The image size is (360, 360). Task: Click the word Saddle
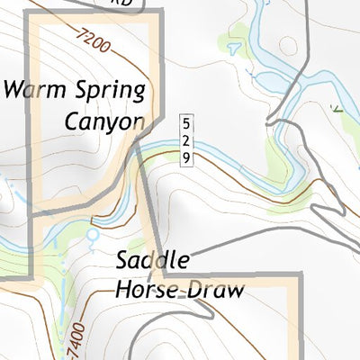pos(153,262)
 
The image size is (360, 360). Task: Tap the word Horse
pos(148,290)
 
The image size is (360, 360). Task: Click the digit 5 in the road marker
pos(186,123)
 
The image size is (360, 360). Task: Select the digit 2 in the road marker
pos(186,140)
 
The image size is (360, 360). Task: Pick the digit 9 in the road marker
pos(186,157)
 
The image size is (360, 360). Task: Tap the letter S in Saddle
pos(124,262)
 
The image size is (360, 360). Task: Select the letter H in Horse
pos(122,290)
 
